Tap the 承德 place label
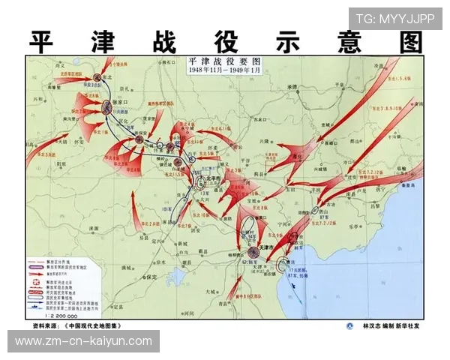click(292, 88)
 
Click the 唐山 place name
click(330, 212)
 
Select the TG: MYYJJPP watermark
click(395, 19)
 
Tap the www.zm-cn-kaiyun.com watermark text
click(84, 341)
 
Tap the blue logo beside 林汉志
click(349, 326)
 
